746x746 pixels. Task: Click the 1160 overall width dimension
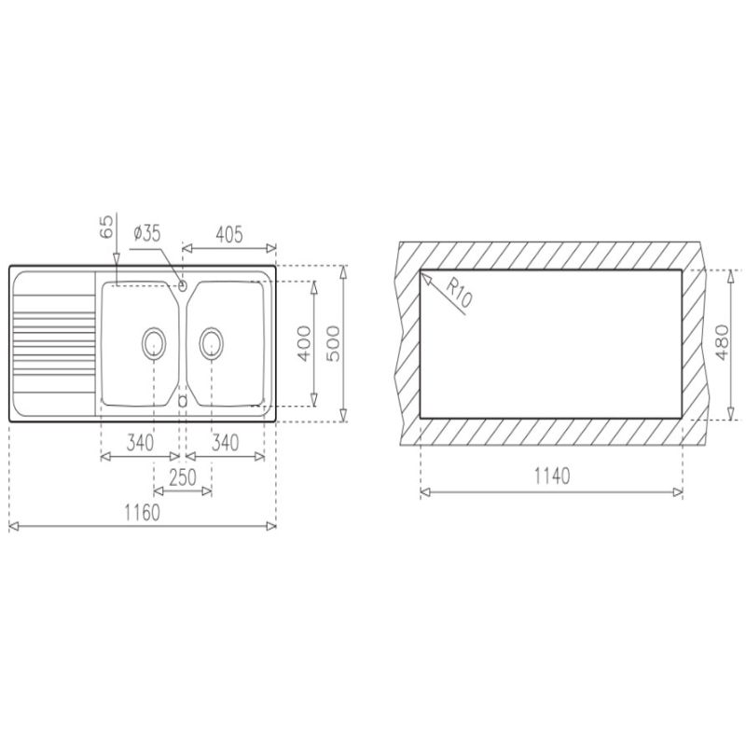point(143,513)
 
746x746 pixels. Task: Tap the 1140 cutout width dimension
point(552,476)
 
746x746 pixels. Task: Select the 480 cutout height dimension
point(721,342)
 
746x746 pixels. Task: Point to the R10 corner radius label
point(459,293)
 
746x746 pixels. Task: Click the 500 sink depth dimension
point(333,343)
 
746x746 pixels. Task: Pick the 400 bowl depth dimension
point(304,343)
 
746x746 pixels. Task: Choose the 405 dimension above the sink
point(229,234)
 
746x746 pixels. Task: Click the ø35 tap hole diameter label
point(147,233)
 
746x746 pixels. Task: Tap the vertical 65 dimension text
point(107,227)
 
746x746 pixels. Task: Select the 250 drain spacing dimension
point(183,477)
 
